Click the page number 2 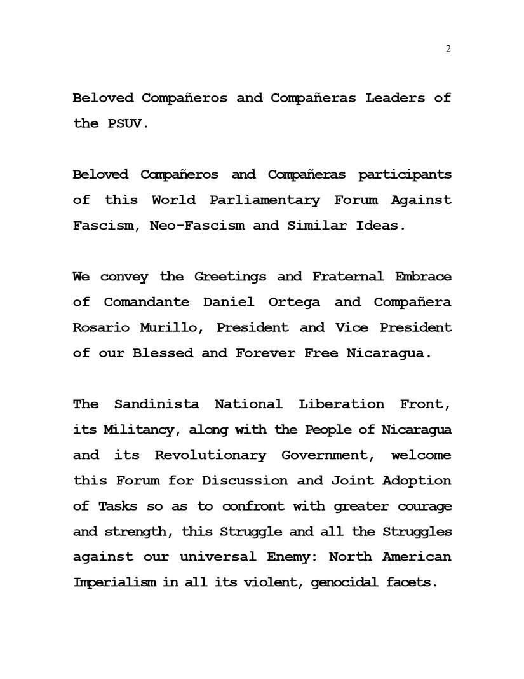[x=448, y=50]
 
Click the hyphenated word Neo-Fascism [x=197, y=225]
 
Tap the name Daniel [x=228, y=302]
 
